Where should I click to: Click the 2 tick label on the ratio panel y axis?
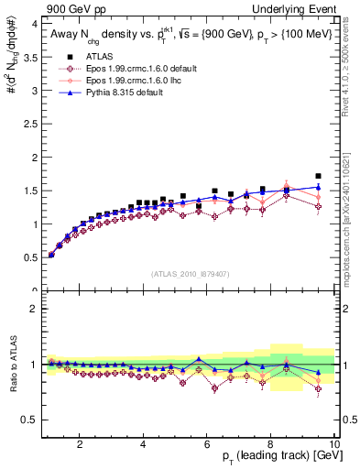33,309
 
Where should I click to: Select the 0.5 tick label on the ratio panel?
29,420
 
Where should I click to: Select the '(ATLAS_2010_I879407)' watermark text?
190,275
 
